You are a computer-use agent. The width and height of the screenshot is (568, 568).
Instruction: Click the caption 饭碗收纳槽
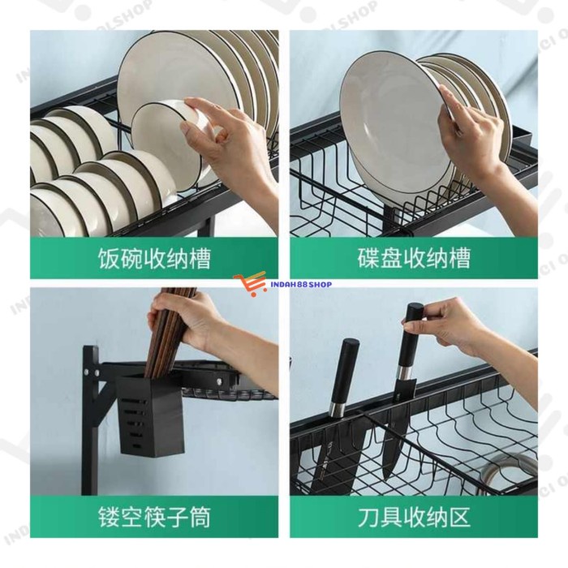click(x=153, y=258)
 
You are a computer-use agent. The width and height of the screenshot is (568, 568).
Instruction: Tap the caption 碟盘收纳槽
click(x=414, y=258)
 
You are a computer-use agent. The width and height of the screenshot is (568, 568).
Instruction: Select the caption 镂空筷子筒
click(x=153, y=516)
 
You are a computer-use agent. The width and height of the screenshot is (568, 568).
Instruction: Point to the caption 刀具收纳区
click(x=414, y=516)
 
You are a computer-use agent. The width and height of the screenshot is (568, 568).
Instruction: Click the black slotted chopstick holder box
click(x=144, y=413)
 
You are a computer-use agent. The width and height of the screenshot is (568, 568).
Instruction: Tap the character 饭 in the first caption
click(x=108, y=258)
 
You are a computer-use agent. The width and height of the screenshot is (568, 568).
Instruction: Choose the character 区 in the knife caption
click(x=459, y=516)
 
